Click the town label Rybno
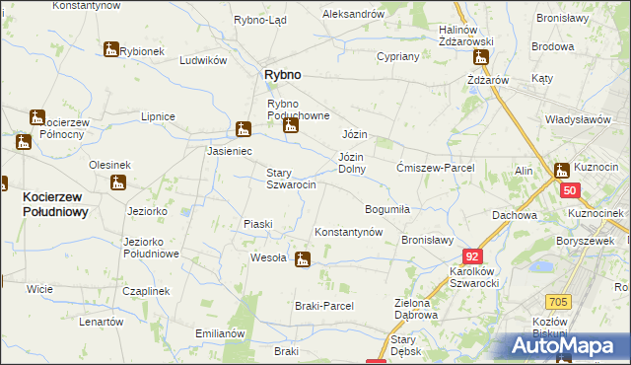pos(281,75)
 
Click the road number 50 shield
pos(570,190)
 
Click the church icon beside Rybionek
pos(109,49)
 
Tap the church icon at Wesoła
pos(303,259)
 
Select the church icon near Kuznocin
pos(561,170)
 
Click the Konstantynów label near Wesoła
pos(348,232)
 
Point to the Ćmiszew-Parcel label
pos(435,168)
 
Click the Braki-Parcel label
pos(323,306)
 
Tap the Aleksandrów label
pos(353,14)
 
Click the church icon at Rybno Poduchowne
pos(289,126)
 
